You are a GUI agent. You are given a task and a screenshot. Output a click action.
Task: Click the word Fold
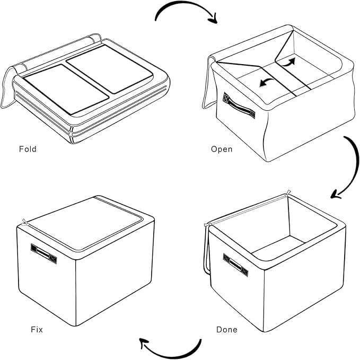(28, 150)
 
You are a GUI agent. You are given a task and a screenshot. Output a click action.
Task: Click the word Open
(222, 150)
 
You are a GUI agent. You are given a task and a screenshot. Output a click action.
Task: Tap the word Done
(227, 330)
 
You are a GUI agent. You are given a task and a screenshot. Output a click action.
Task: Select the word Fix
(37, 330)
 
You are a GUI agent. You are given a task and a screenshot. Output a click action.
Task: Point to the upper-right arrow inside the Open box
(289, 62)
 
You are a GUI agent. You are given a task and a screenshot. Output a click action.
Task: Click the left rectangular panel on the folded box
(66, 89)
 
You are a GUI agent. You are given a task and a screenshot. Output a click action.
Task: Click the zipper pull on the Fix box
(24, 222)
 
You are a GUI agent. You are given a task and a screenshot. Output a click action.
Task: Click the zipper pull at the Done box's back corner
(288, 193)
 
